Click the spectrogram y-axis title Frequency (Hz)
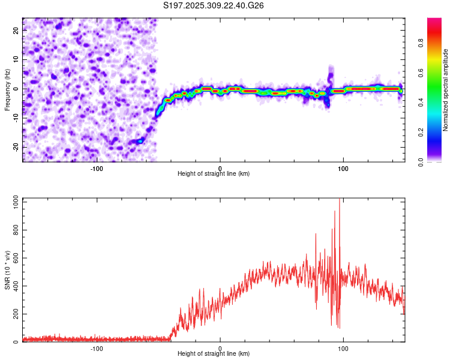click(7, 89)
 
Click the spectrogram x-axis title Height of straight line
click(214, 173)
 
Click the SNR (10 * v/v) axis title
click(7, 269)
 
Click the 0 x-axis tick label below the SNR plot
click(220, 347)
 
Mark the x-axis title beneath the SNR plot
click(214, 353)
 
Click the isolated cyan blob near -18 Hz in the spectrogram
click(140, 141)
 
